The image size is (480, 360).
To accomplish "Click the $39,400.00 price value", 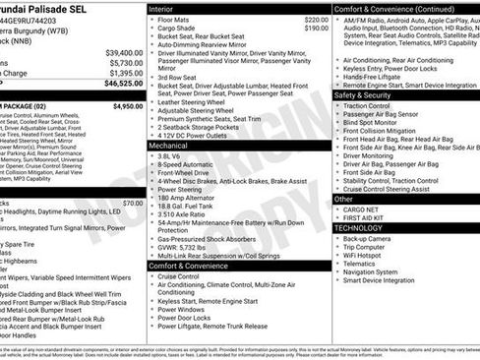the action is (124, 51).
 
